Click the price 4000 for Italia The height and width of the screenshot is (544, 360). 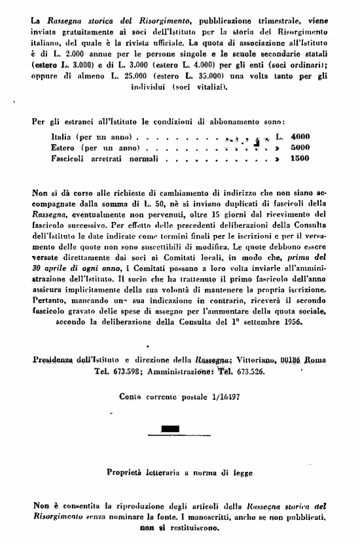300,137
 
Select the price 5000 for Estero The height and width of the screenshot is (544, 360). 300,148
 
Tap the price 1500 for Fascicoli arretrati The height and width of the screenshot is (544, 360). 300,159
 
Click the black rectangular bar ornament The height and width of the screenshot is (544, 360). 169,429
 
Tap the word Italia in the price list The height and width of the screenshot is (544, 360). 62,137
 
